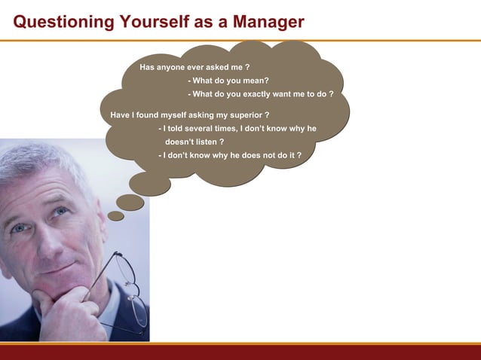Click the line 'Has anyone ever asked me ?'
tap(195, 67)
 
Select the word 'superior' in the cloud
tap(244, 115)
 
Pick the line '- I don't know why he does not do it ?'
tap(230, 155)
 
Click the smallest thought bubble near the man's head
tap(115, 216)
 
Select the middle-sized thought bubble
tap(130, 202)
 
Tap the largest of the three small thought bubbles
tap(150, 183)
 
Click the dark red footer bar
tap(240, 352)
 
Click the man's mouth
tap(57, 267)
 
